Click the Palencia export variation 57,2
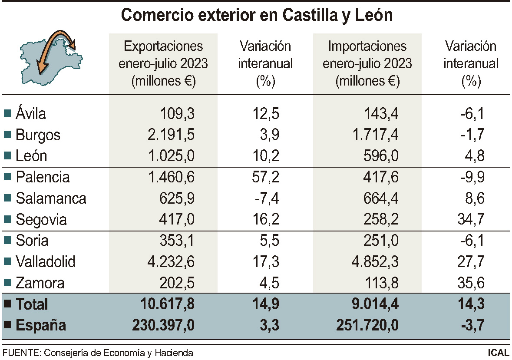[x=265, y=177]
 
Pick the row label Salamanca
[x=51, y=198]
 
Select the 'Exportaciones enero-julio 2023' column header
[x=163, y=63]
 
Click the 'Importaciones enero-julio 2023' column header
[x=367, y=63]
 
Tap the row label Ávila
[x=30, y=114]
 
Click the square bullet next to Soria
[x=7, y=240]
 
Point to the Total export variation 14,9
[x=265, y=304]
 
